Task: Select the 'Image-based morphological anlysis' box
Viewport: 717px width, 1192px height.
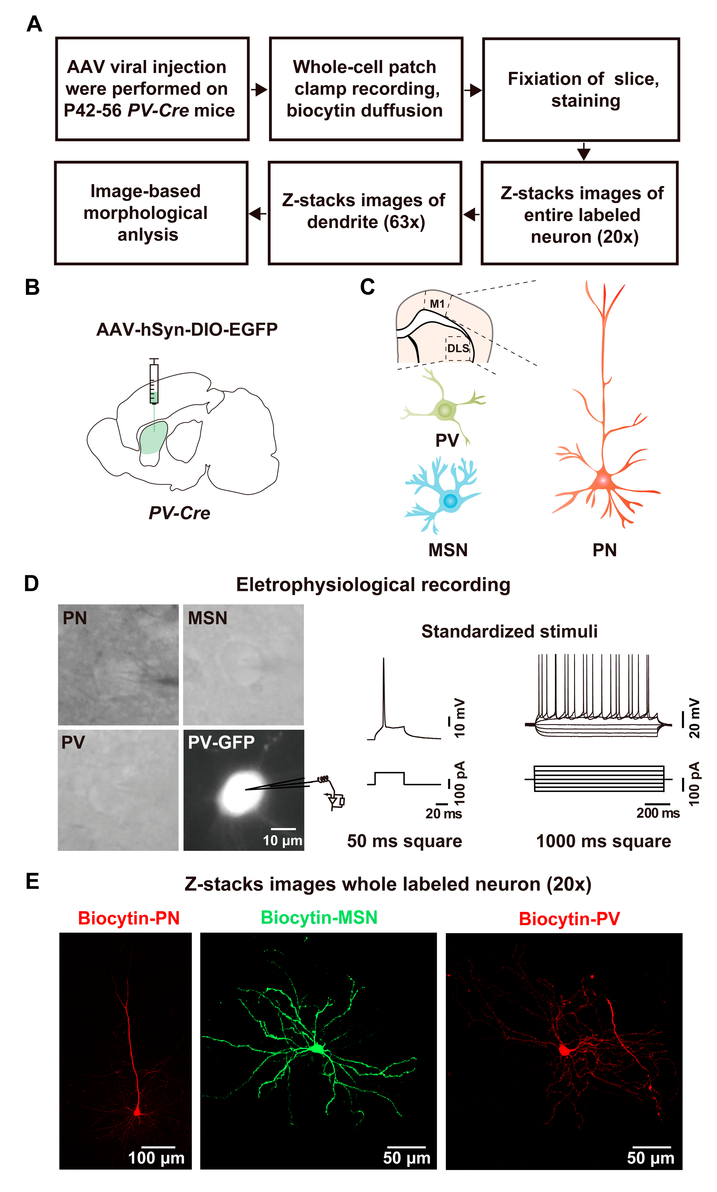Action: (151, 213)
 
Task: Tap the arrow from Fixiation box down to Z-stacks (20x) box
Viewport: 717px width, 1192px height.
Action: (584, 152)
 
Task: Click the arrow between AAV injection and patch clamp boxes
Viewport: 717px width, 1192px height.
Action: (259, 89)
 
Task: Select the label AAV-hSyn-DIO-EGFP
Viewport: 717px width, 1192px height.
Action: (187, 329)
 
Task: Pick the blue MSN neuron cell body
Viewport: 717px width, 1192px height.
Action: (450, 500)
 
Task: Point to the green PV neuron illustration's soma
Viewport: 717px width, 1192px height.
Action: (444, 411)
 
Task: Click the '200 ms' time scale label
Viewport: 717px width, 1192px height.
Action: (658, 813)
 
